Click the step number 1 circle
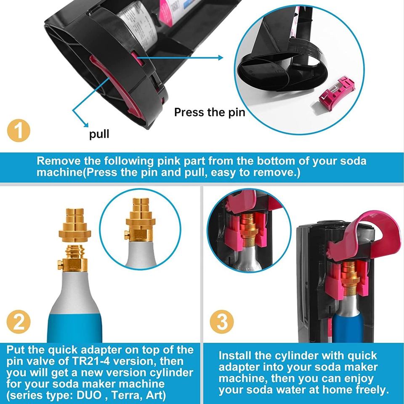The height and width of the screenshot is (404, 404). coord(19,130)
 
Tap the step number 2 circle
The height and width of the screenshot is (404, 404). coord(19,322)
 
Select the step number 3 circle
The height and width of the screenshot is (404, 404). coord(222,322)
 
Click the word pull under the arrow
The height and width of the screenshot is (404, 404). coord(99,134)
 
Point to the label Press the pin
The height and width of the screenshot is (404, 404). coord(210,112)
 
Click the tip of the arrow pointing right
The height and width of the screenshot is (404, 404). coord(223,58)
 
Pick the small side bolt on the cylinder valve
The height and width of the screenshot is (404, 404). coord(60,265)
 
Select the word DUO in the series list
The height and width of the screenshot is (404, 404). coord(89,395)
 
